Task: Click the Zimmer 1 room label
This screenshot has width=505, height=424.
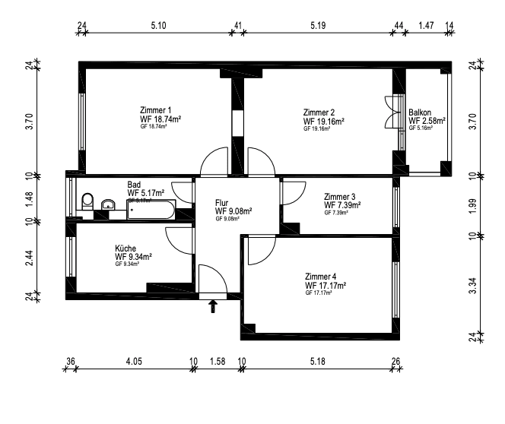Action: coord(154,109)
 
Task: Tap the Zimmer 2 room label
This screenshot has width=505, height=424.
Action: coord(319,112)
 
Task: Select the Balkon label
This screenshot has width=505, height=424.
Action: coord(420,112)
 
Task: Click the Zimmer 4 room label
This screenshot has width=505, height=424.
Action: coord(320,276)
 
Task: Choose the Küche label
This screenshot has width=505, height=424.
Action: coord(125,248)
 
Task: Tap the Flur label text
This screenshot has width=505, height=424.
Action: coord(222,203)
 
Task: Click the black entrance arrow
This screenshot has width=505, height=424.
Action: coord(213,305)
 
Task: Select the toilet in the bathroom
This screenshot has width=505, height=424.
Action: coord(87,202)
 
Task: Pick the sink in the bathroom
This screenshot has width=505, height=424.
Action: coord(108,204)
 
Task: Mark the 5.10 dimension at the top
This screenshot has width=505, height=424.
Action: coord(158,26)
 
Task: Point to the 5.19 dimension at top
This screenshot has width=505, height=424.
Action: coord(319,26)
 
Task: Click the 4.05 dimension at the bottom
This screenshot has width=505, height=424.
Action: coord(134,362)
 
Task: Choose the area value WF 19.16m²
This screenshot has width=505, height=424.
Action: coord(324,121)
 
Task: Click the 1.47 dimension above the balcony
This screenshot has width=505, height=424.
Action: coord(427,26)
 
